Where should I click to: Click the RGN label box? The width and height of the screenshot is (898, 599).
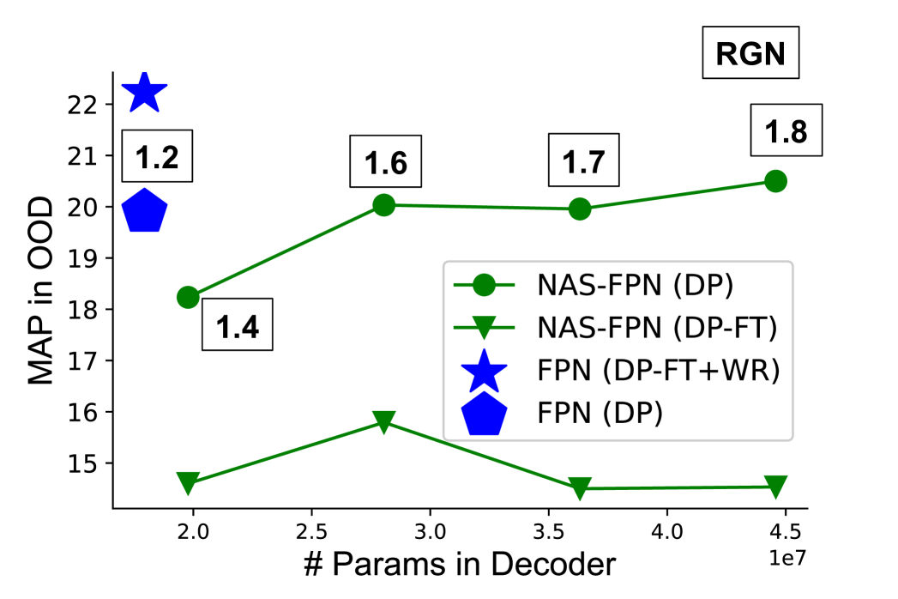coord(750,54)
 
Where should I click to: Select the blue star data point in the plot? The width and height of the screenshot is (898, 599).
coord(144,92)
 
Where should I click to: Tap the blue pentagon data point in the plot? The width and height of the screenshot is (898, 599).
coord(144,211)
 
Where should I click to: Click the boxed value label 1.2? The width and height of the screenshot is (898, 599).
coord(157,156)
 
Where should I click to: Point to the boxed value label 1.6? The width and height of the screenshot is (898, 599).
coord(386,161)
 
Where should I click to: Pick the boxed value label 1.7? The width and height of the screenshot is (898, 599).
coord(584,161)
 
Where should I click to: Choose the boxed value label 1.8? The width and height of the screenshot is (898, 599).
coord(786,131)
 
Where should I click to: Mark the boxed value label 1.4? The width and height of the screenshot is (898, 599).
coord(237,324)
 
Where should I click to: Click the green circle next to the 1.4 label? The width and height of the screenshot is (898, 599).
coord(188,297)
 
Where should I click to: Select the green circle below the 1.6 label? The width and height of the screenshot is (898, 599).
coord(384,205)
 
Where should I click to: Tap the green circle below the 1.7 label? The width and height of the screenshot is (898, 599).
coord(580,209)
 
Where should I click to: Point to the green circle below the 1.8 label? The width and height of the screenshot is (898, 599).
coord(775,181)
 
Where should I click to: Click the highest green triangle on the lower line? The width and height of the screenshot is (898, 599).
coord(384,421)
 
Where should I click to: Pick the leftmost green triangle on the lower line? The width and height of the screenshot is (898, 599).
coord(188,483)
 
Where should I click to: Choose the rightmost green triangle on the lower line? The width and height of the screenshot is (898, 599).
coord(775,487)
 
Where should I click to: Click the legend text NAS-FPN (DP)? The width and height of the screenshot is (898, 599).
coord(635,286)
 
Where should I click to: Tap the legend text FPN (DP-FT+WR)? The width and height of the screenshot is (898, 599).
coord(658,371)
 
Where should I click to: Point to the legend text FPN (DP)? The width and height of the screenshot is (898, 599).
coord(600,413)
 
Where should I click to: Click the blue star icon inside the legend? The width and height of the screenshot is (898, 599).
coord(485,370)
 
